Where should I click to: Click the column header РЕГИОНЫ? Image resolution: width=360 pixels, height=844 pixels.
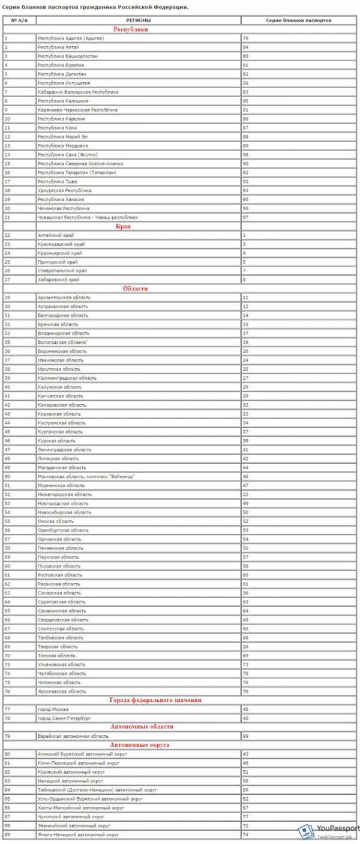coord(138,20)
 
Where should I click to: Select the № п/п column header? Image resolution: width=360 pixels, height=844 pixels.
coord(19,20)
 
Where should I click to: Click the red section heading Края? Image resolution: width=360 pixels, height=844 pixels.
coord(139,226)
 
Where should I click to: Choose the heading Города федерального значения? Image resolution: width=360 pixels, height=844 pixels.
coord(155,700)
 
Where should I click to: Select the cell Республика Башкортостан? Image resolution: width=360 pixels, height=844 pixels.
coord(62,56)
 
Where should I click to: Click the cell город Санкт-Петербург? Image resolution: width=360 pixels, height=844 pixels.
coord(64,718)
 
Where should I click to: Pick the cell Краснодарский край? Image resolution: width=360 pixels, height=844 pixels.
coord(61,244)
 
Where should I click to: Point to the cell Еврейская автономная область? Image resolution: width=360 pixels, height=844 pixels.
coord(73,735)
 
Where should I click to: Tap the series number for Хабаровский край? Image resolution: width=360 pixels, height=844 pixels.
coord(244,280)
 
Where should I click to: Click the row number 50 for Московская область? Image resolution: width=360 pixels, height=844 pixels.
coord(7,476)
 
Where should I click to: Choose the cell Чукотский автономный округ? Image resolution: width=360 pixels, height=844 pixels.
coord(71,816)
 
